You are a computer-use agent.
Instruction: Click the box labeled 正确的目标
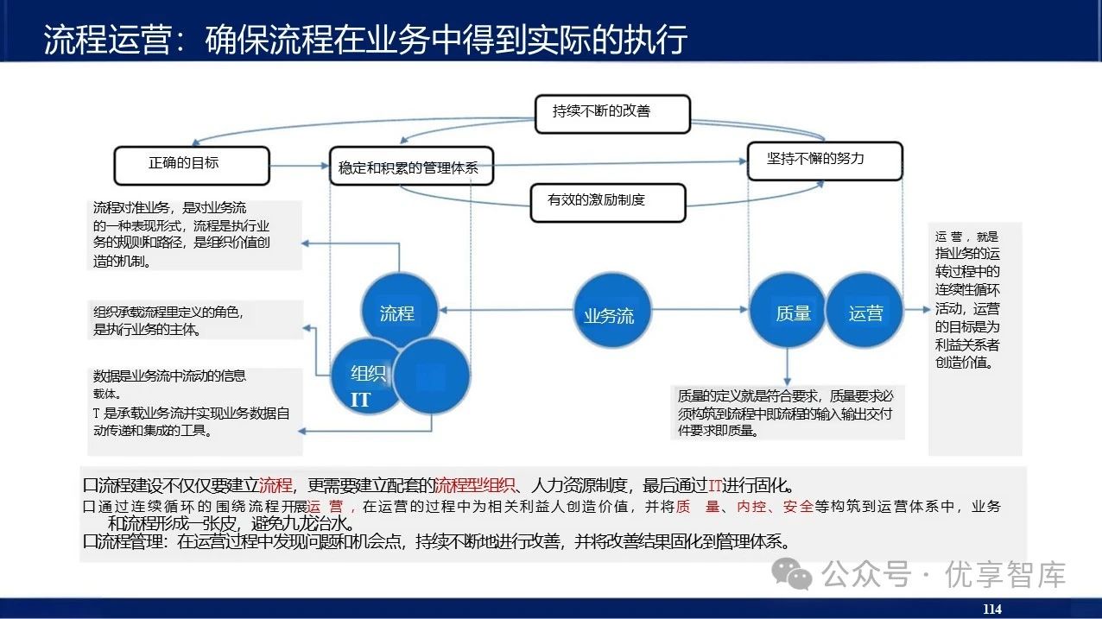[x=192, y=164]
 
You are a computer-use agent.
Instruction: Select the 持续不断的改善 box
[x=612, y=113]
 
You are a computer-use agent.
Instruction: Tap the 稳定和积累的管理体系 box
[x=410, y=167]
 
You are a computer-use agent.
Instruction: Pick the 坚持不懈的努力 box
[x=824, y=161]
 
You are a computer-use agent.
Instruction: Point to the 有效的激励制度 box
[x=607, y=202]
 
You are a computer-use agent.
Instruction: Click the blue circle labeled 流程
[x=397, y=313]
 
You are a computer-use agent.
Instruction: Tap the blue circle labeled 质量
[x=792, y=313]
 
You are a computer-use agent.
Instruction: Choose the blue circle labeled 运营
[x=865, y=313]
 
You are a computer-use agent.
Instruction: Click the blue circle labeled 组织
[x=368, y=374]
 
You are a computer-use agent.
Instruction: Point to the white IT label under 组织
[x=360, y=401]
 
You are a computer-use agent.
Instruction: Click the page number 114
[x=991, y=610]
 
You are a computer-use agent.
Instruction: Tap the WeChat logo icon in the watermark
[x=792, y=572]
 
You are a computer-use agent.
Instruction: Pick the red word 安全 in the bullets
[x=798, y=507]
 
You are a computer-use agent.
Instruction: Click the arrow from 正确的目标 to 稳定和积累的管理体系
[x=299, y=165]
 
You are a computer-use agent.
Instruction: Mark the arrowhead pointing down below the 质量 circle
[x=787, y=380]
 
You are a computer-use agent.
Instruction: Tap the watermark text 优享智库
[x=1005, y=574]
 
